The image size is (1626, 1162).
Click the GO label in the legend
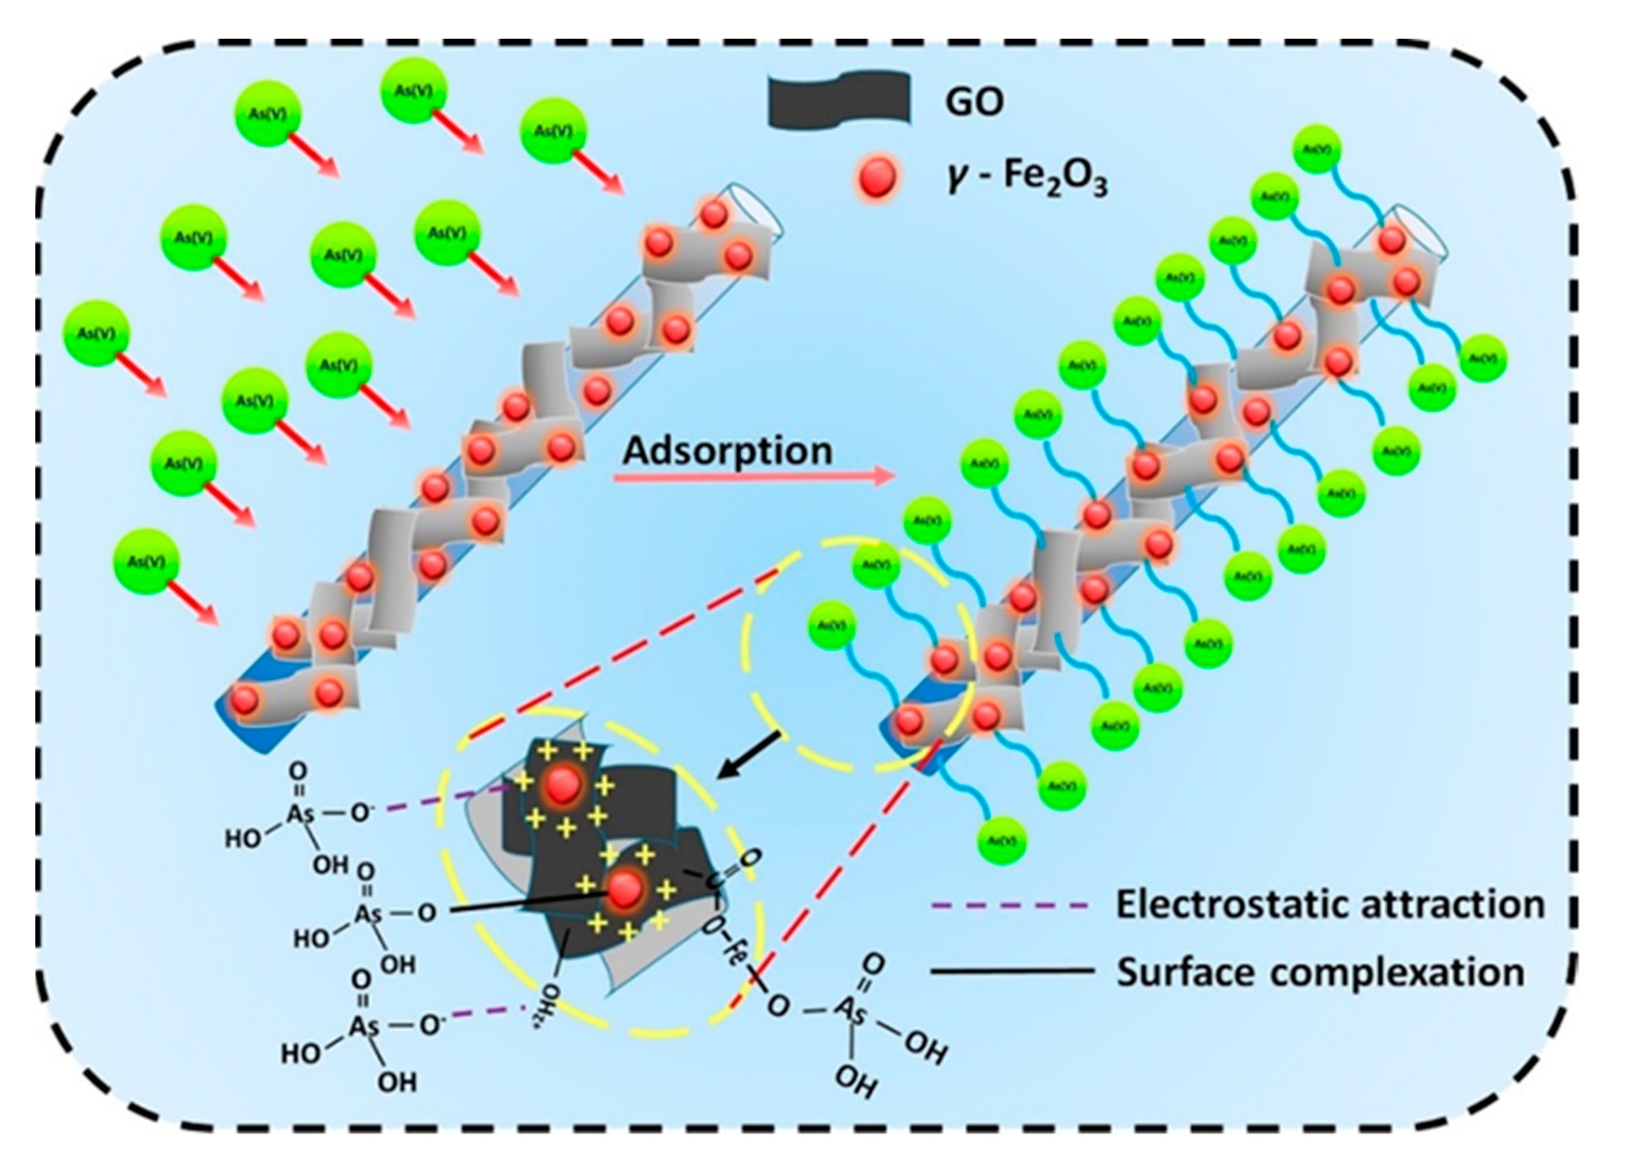974,101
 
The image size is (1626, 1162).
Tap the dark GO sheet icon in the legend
838,100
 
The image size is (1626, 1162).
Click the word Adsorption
728,451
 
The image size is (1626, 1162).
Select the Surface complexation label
1320,972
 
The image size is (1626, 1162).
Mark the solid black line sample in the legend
1012,972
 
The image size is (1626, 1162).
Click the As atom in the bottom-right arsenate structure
851,1009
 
